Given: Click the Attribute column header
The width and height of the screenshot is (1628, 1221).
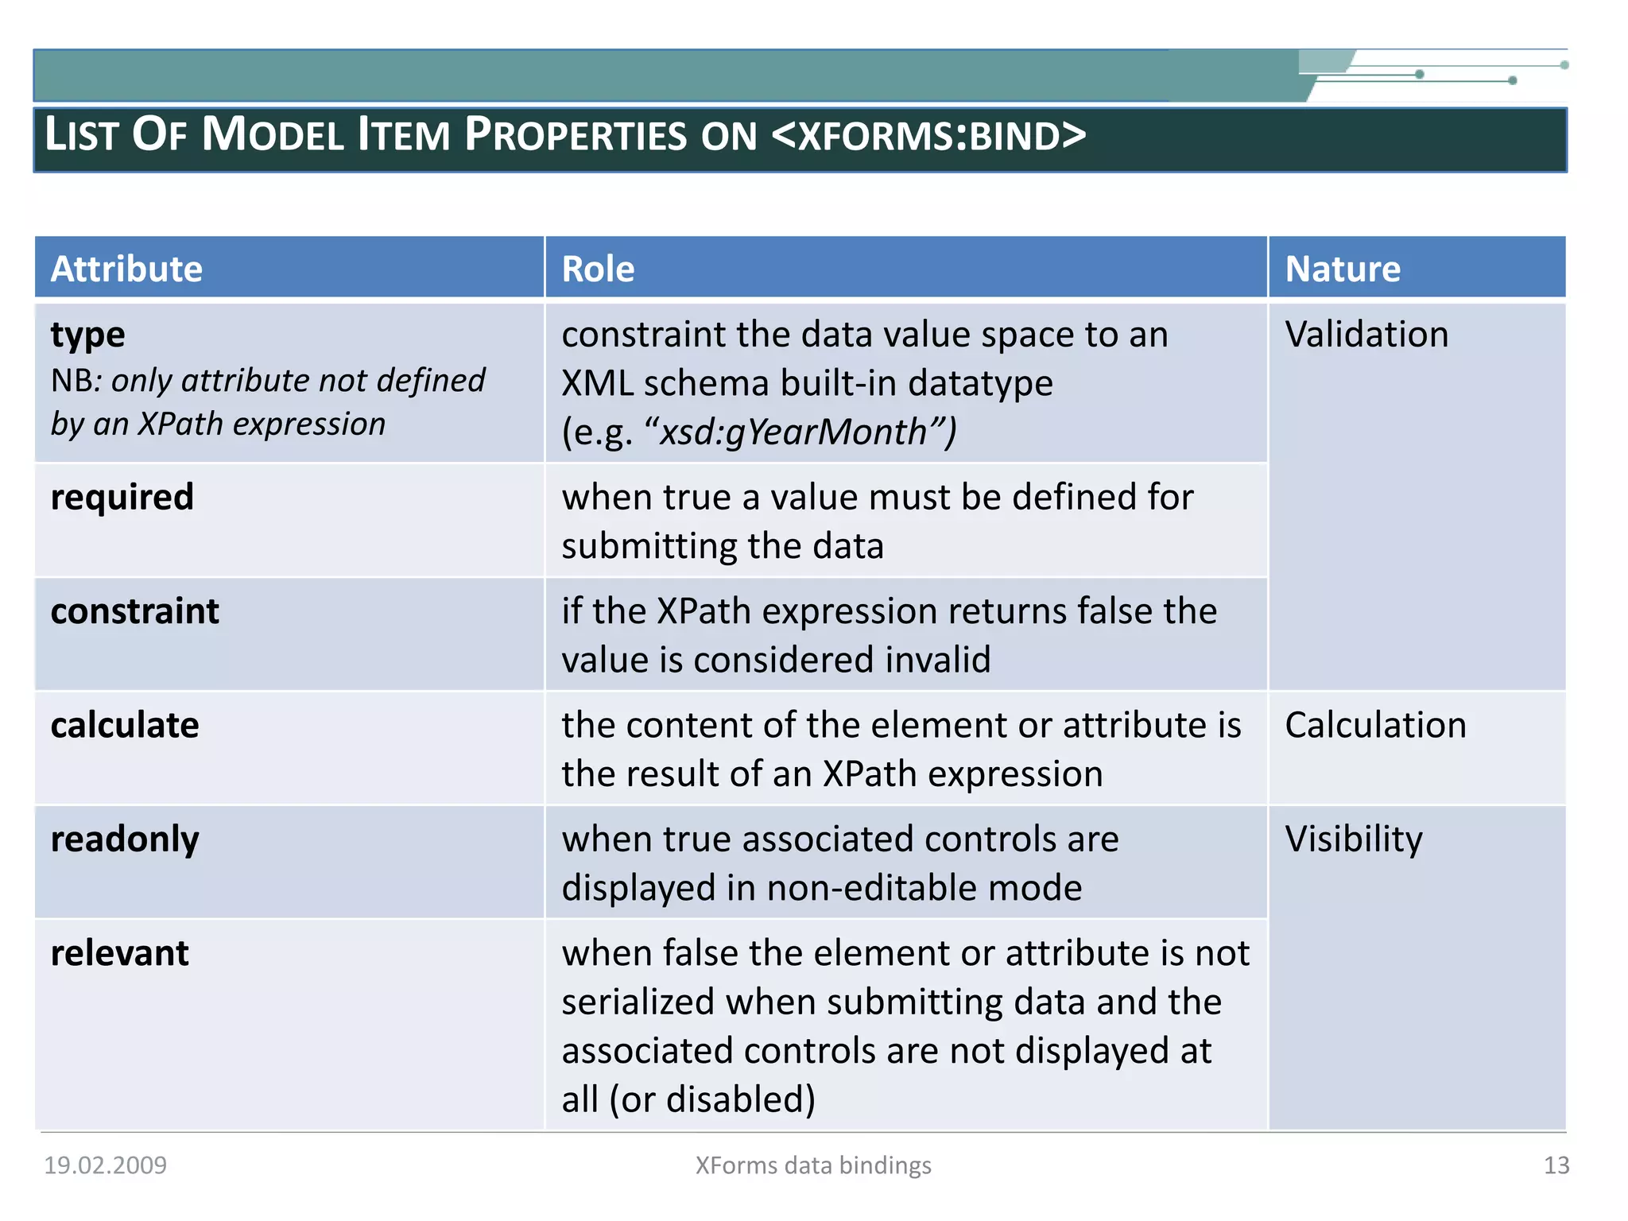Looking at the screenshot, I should coord(126,269).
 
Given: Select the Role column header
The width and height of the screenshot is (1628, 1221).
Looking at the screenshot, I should coord(598,269).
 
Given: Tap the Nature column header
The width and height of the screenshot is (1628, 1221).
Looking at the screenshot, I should coord(1343,269).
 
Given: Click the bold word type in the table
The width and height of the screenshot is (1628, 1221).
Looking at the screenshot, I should coord(87,335).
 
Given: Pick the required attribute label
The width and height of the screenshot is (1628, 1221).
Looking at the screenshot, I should coord(122,498).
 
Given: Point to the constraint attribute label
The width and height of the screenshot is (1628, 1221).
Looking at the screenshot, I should coord(134,611).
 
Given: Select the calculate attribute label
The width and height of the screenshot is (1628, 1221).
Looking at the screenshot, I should coord(125,725).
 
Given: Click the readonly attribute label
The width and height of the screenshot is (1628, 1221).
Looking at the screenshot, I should coord(125,839).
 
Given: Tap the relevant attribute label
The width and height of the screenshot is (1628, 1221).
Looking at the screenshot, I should coord(119,953).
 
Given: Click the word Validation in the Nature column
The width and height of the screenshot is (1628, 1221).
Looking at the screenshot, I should coord(1366,335).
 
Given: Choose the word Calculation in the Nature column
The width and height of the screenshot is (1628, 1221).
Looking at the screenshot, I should coord(1375,725).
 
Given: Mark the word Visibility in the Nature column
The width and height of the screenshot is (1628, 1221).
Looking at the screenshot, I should coord(1354,839).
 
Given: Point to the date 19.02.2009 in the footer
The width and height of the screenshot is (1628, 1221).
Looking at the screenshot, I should coord(105,1165).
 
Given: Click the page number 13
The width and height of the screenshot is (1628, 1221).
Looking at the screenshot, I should coord(1556,1165).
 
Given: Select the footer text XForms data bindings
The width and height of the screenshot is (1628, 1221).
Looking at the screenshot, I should coord(813,1165).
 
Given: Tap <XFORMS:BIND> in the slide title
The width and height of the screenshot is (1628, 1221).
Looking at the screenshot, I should coord(928,135).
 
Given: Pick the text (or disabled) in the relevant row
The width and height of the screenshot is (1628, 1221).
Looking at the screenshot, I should coord(712,1099).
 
